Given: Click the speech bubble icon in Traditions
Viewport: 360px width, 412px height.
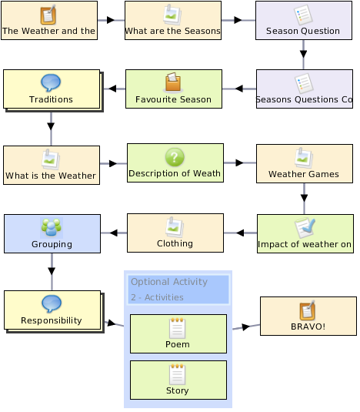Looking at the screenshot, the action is (x=51, y=82).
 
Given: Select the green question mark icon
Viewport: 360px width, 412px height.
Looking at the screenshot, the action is (x=175, y=157).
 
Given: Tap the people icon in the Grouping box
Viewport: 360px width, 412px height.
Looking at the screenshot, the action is (x=52, y=227).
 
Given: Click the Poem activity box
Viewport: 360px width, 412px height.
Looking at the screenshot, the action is (x=178, y=333).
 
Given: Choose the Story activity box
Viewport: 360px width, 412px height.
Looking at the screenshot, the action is (x=178, y=380).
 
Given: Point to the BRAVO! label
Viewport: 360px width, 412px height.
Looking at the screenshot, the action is (x=308, y=327).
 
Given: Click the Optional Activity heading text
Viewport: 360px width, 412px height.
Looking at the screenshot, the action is (x=169, y=282).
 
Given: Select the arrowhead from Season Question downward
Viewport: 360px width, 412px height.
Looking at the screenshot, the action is (x=304, y=54).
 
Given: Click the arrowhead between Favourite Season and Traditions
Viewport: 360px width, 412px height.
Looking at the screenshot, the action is (x=112, y=89).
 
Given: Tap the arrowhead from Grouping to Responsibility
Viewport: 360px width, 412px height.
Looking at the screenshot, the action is (x=52, y=271).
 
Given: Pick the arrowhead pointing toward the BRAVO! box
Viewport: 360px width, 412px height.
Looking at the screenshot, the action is (x=246, y=327).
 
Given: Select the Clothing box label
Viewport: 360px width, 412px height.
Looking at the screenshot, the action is (x=175, y=243).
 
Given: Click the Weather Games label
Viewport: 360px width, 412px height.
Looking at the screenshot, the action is (x=304, y=174).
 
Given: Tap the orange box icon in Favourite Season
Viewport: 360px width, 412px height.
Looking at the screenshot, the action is (x=173, y=82).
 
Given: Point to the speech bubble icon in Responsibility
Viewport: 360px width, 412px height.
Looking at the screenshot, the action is (x=52, y=303).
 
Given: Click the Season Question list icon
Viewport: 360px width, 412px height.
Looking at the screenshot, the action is (x=303, y=15).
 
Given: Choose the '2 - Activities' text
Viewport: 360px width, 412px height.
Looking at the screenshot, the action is (x=157, y=297).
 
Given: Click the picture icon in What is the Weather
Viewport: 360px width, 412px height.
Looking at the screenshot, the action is (x=51, y=159).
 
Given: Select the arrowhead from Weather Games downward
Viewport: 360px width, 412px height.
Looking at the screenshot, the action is (x=304, y=198).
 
